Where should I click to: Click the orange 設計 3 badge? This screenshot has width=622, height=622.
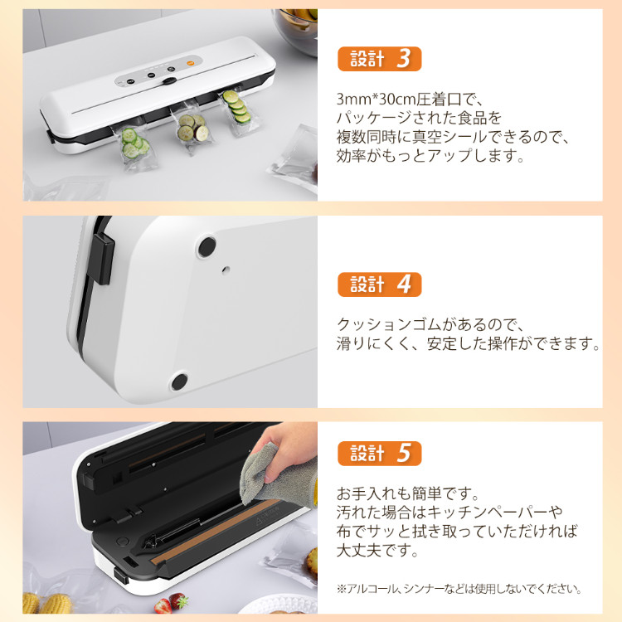coord(379,59)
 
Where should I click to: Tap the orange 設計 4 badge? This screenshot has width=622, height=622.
coord(379,284)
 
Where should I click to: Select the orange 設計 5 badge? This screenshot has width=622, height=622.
coord(379,454)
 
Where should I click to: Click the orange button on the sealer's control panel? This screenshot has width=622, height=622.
coord(190,63)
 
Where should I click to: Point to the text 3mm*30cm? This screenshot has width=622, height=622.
coord(376,100)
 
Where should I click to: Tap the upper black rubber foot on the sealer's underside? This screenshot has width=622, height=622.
coord(207,246)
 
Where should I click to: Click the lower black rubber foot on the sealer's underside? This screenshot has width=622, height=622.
coord(179,381)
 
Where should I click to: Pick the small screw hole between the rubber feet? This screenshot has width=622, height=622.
coord(226,270)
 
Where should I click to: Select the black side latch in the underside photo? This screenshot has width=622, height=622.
coord(101,258)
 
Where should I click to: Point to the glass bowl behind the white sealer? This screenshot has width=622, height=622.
coord(296,32)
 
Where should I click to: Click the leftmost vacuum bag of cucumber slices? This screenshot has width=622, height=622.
coord(132,147)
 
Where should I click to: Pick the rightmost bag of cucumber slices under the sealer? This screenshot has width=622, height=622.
coord(238,111)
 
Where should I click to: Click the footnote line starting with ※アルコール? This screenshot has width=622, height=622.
coord(459,589)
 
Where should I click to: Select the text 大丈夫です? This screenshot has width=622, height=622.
coord(377,550)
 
